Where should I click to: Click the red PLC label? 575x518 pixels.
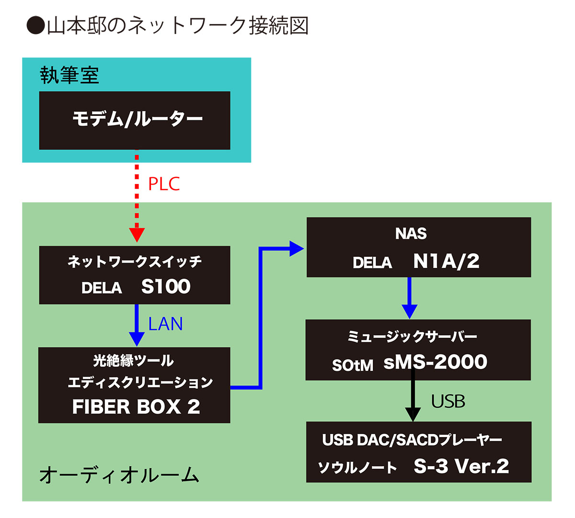[164, 184]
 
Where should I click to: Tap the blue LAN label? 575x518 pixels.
[165, 324]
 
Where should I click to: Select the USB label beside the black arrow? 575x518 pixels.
[448, 402]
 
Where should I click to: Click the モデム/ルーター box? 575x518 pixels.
[135, 120]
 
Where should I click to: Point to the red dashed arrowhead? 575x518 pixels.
[137, 234]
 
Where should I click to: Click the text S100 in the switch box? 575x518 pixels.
[166, 287]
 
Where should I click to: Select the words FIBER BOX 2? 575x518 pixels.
[136, 407]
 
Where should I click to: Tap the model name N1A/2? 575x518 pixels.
[446, 261]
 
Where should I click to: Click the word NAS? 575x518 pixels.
[411, 234]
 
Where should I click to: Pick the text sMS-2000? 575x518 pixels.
[435, 362]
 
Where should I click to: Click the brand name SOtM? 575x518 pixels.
[353, 366]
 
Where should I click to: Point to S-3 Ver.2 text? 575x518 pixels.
[461, 466]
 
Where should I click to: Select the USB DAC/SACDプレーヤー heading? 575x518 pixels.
[412, 440]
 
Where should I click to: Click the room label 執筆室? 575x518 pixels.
[69, 76]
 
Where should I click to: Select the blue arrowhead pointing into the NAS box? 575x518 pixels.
[297, 249]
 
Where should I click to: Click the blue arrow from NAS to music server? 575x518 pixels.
[409, 297]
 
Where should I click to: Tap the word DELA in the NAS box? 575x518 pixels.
[372, 263]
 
